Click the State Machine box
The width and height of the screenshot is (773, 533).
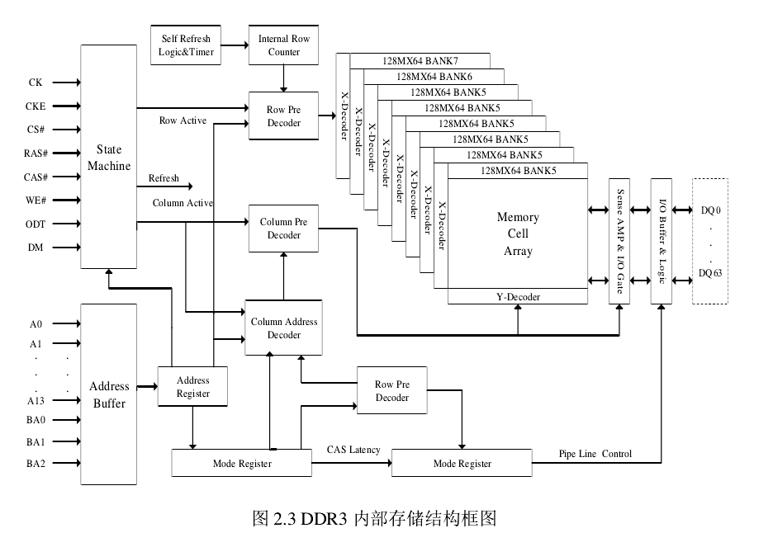tap(108, 157)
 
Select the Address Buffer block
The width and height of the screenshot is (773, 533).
tap(108, 394)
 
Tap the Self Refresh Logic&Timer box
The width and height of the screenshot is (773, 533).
tap(186, 45)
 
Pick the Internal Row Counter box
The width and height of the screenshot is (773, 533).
tap(283, 45)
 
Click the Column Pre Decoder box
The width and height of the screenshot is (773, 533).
tap(283, 229)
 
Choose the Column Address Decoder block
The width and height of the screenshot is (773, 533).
tap(283, 328)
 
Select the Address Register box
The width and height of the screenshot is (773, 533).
tap(192, 387)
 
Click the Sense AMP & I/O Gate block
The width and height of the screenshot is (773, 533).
tap(619, 242)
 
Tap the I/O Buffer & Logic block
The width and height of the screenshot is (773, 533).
tap(662, 242)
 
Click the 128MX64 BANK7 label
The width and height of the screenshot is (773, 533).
tap(420, 61)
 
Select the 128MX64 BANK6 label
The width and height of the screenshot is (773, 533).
tap(434, 76)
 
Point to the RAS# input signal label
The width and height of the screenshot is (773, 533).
tap(36, 153)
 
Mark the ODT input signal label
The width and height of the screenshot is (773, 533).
tap(36, 224)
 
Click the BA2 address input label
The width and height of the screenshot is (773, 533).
tap(36, 464)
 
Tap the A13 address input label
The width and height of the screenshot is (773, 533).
tap(36, 402)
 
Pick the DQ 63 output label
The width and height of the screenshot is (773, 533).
tap(710, 273)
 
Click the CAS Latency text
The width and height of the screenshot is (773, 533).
tap(353, 450)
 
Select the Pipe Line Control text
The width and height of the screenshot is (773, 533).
tap(595, 454)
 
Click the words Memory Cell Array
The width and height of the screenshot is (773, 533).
tap(518, 234)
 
